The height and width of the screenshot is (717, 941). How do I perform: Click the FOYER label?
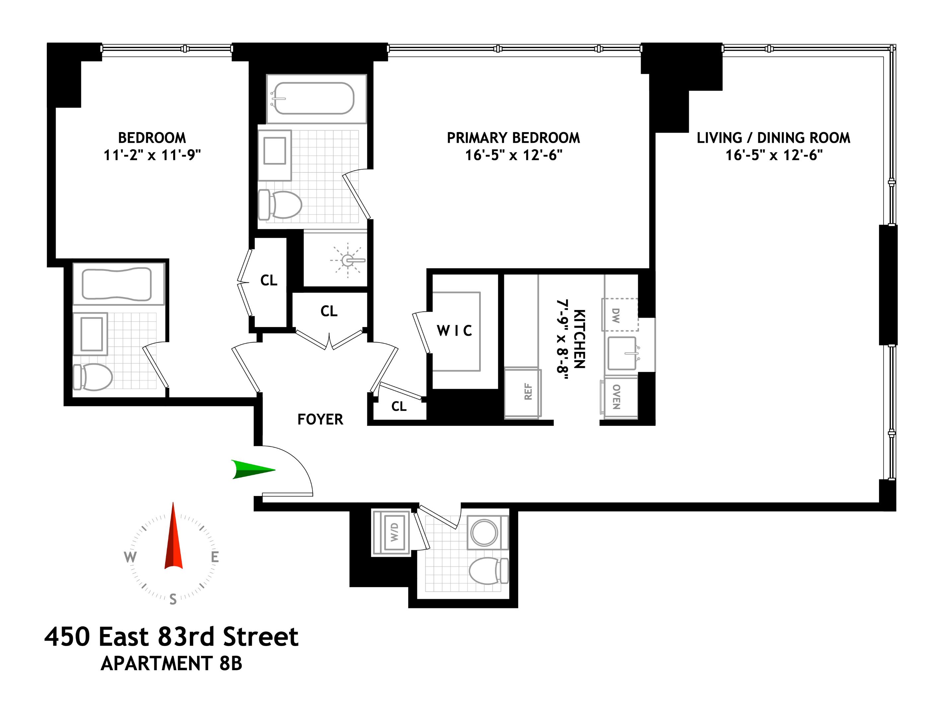point(320,420)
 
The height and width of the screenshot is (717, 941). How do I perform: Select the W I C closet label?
point(455,331)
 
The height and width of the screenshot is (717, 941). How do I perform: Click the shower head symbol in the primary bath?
point(348,260)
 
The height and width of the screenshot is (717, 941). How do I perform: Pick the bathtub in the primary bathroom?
point(314,99)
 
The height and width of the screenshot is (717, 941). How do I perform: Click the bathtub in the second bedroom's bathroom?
point(116,283)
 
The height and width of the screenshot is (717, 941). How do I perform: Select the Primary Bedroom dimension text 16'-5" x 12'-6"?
point(514,155)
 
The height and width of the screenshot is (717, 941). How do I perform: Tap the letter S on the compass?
point(173,599)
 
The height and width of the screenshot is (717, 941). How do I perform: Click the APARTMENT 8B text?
point(172,664)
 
